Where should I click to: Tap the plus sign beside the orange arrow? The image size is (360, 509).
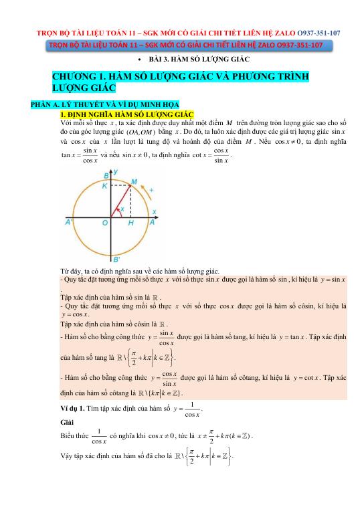151,191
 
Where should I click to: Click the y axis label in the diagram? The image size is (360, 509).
117,172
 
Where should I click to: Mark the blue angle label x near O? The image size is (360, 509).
122,209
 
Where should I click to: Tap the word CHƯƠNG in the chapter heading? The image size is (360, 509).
76,77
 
